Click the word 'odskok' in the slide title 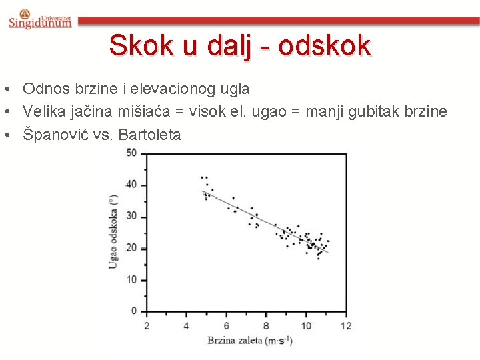(x=324, y=45)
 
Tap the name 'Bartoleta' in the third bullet (x=149, y=134)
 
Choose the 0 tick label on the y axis (x=133, y=311)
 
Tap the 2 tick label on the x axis (x=147, y=325)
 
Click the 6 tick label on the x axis (x=226, y=325)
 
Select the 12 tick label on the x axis (x=345, y=325)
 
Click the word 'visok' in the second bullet (x=207, y=111)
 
